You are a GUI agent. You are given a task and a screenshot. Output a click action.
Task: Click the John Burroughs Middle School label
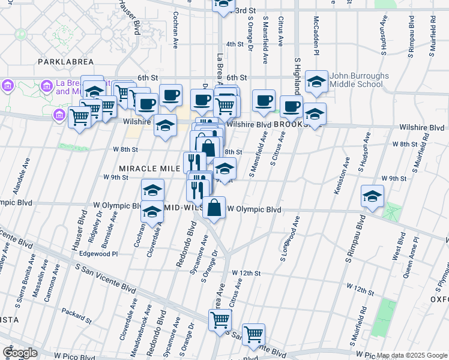click(x=356, y=80)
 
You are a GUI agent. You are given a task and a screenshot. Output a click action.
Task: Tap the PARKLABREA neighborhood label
click(x=63, y=62)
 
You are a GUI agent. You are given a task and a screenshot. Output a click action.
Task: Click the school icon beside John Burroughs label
click(x=316, y=82)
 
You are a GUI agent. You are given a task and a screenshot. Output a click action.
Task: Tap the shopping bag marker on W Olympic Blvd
click(x=214, y=208)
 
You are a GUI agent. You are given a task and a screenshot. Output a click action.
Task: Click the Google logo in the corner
click(x=19, y=353)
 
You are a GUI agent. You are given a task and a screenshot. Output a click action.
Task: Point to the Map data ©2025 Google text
click(x=412, y=356)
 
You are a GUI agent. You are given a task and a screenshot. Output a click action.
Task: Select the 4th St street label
click(x=234, y=44)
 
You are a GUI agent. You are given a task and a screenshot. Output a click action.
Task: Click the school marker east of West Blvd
click(x=372, y=197)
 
